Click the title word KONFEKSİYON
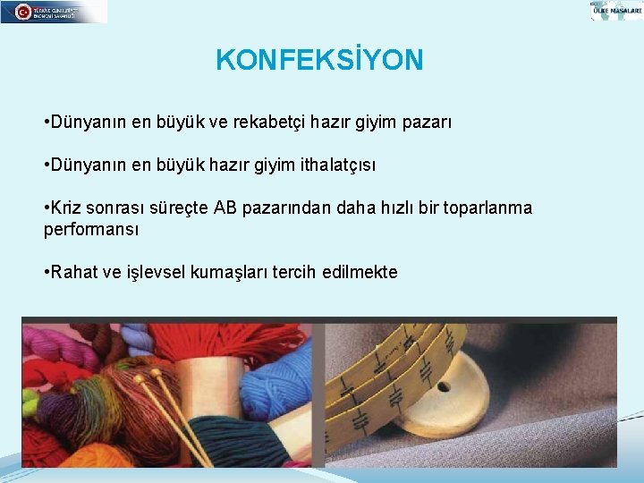click(x=319, y=60)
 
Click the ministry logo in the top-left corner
click(x=54, y=12)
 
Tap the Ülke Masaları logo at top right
click(x=616, y=11)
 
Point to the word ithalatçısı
click(x=334, y=165)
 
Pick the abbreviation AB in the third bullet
click(x=225, y=208)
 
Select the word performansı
click(x=91, y=229)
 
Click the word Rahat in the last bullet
click(x=74, y=272)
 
